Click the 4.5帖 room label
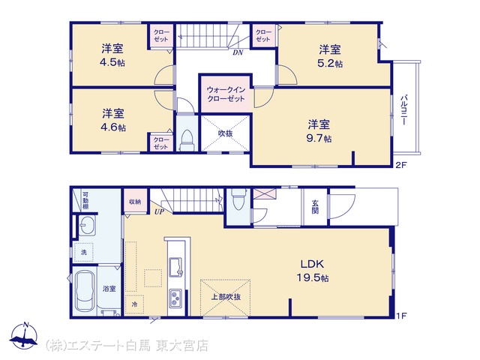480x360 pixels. click(112, 55)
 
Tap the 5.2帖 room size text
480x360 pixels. click(330, 56)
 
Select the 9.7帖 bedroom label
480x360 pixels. click(319, 131)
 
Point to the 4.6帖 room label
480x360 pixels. click(113, 120)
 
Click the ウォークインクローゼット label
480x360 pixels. click(226, 94)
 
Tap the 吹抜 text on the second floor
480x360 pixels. click(225, 133)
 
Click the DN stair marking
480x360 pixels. click(238, 52)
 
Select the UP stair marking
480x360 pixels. click(159, 211)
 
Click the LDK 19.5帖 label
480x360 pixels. click(312, 271)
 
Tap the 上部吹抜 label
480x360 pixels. click(226, 297)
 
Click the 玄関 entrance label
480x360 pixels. click(315, 207)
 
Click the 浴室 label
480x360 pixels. click(109, 288)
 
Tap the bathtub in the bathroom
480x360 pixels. click(85, 292)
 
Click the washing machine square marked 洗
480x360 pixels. click(83, 252)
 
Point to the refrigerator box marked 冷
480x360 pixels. click(134, 304)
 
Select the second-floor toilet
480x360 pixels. click(187, 140)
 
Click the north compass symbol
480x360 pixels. click(24, 337)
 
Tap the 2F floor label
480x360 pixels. click(401, 165)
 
